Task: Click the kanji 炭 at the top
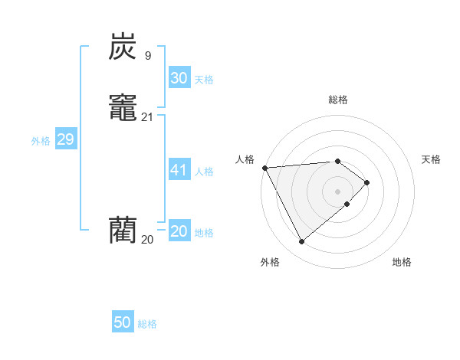(x=122, y=47)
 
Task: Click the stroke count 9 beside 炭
(x=147, y=55)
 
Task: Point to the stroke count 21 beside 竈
(x=147, y=116)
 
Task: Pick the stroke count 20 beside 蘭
(x=147, y=239)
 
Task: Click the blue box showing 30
(x=179, y=78)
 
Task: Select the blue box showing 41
(x=179, y=170)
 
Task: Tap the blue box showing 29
(x=65, y=139)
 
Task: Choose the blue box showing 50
(x=122, y=322)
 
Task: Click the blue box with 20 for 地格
(x=179, y=231)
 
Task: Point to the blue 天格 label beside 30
(x=204, y=80)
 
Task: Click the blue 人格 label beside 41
(x=204, y=172)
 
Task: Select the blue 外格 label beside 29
(x=41, y=141)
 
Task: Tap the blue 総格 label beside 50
(x=147, y=324)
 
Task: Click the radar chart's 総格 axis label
(x=337, y=100)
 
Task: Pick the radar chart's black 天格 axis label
(x=431, y=159)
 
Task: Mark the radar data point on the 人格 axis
(x=264, y=168)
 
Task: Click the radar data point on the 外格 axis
(x=301, y=242)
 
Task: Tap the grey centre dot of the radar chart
(x=337, y=191)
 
